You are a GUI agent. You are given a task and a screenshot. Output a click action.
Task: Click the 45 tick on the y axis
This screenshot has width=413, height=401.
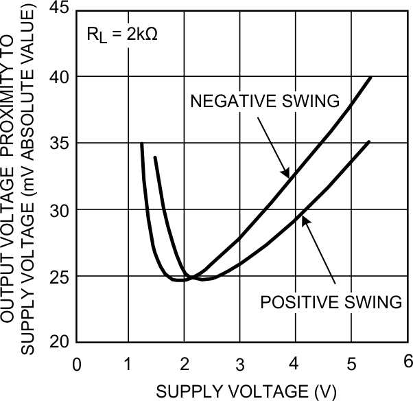(x=58, y=8)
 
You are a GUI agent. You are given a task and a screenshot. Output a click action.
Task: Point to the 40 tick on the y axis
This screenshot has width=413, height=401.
(x=58, y=76)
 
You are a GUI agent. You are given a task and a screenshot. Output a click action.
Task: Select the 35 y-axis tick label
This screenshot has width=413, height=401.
(x=58, y=143)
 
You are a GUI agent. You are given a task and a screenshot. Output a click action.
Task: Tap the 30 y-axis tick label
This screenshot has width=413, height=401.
(x=58, y=209)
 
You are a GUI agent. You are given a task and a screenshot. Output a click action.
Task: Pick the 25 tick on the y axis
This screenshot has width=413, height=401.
(x=58, y=276)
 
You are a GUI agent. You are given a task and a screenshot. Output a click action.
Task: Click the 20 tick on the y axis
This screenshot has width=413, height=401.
(x=58, y=342)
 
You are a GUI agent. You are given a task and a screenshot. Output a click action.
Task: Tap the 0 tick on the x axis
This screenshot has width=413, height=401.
(x=77, y=363)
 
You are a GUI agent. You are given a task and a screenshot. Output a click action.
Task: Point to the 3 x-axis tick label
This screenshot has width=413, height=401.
(x=240, y=363)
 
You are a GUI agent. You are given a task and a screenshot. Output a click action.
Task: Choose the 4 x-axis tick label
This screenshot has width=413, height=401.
(x=295, y=363)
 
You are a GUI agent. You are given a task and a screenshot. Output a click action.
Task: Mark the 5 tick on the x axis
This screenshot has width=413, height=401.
(x=350, y=363)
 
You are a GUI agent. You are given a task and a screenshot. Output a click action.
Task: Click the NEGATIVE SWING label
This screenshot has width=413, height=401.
(x=265, y=101)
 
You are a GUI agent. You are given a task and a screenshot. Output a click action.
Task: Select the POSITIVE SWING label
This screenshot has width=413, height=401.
(x=329, y=301)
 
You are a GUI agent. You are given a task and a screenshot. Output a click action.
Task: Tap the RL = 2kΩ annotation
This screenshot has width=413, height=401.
(x=122, y=34)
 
